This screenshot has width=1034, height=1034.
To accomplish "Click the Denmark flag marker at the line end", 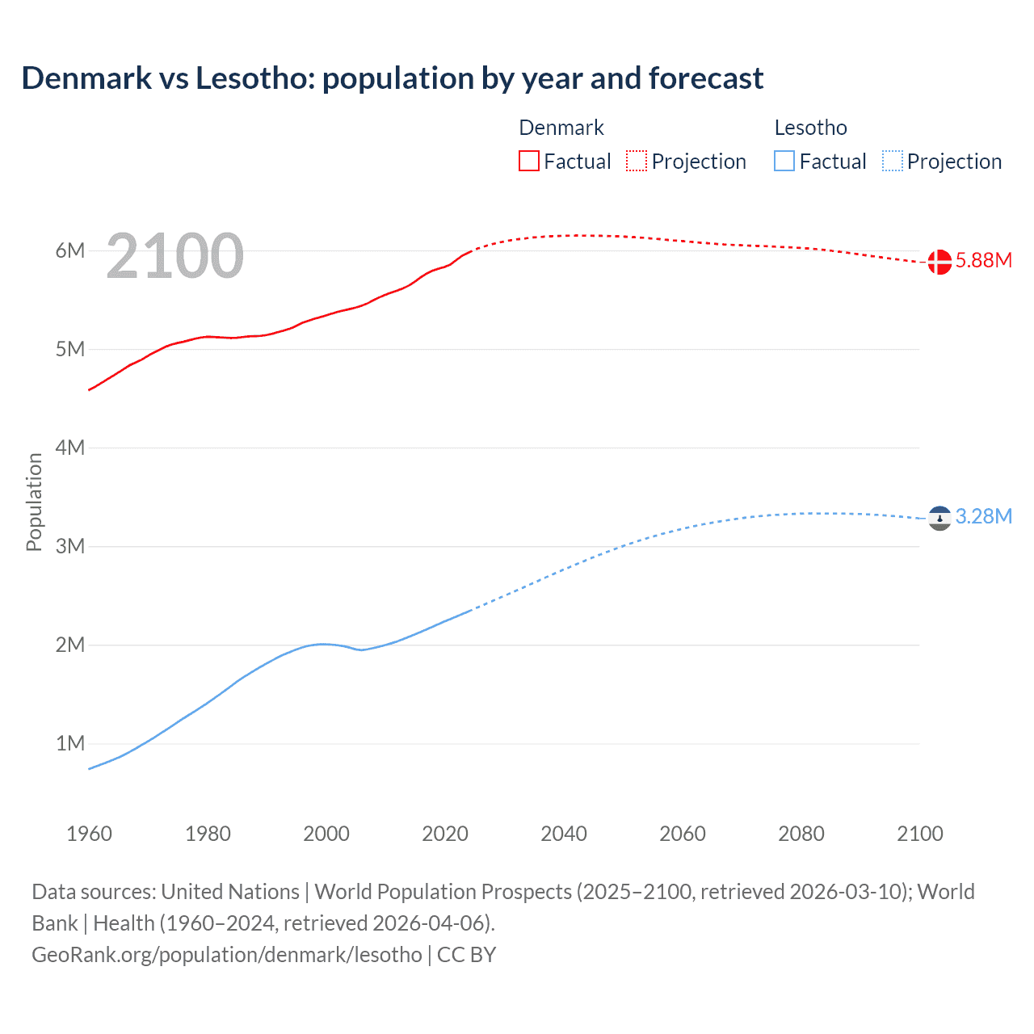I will coord(939,262).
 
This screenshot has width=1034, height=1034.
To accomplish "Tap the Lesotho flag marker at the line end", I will coord(939,518).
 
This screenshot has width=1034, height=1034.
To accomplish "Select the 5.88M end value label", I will coord(983,260).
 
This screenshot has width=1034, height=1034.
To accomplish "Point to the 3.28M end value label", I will coord(983,516).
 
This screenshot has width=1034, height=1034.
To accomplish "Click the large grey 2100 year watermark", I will coord(174,256).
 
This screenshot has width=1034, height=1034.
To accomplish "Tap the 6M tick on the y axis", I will coord(70,250).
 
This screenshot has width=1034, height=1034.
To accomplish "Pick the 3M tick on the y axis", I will coord(70,546).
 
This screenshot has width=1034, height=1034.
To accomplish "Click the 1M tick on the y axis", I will coord(70,743).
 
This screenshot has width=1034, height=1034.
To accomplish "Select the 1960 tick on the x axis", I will coord(89,834).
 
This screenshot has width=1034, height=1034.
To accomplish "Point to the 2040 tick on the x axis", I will coord(564,834).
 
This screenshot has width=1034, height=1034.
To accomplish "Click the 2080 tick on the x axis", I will coord(801,834).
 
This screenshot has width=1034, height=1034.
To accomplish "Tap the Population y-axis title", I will coord(34,502).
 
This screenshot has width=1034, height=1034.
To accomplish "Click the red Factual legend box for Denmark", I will coord(529,161).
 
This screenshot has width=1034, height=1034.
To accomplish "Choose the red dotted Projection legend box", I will coord(637,161).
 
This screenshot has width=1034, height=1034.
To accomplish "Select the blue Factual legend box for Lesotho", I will coord(784,161).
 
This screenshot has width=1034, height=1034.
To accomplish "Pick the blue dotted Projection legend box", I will coord(893,161).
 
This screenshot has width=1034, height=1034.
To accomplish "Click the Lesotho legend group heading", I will coord(810,128).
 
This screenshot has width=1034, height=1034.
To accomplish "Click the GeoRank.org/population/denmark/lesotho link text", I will coord(227,955).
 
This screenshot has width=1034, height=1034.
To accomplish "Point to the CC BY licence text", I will coord(466,955).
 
